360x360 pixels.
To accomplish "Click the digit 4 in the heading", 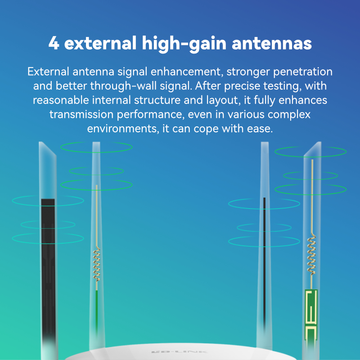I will point(54,44).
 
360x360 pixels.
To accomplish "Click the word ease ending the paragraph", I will point(260,128).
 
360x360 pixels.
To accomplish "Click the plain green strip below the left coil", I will point(96,310).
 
